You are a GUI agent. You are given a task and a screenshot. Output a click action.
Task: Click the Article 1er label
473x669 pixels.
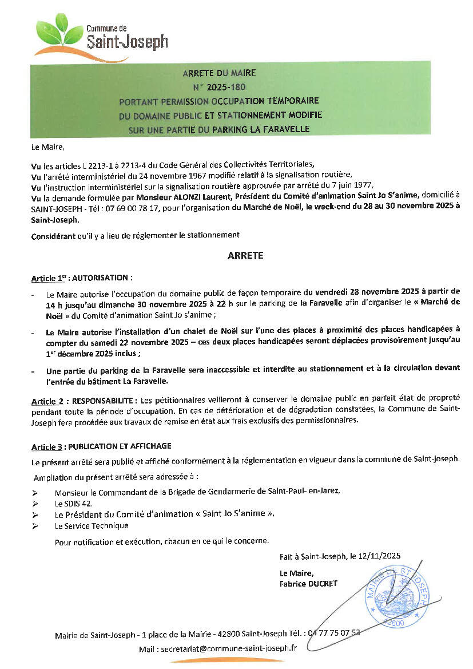click(49, 278)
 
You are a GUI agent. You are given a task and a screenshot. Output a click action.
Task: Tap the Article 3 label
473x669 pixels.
click(47, 446)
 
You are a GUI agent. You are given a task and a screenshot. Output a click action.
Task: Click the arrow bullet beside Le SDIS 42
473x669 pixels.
click(35, 504)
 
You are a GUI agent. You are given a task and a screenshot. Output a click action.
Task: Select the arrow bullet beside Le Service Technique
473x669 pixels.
click(35, 526)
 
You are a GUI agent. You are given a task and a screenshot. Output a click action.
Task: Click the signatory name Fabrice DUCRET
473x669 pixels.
click(309, 584)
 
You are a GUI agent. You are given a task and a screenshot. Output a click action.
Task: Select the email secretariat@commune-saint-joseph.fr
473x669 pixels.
click(229, 648)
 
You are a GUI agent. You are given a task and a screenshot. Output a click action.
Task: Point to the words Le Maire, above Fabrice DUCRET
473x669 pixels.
click(296, 573)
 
